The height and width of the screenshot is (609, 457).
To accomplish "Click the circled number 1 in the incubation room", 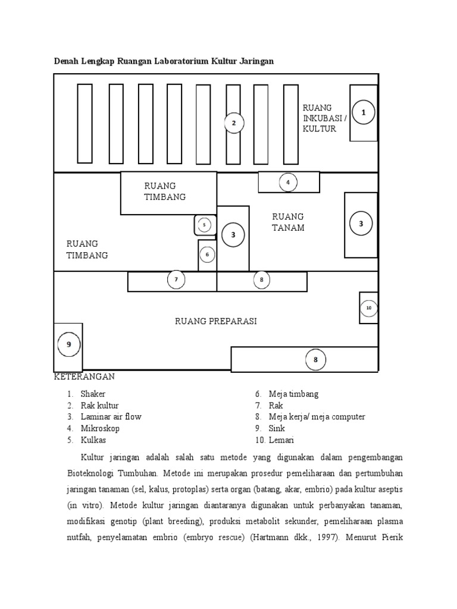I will pyautogui.click(x=364, y=112).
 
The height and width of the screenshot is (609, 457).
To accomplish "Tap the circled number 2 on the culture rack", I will pyautogui.click(x=234, y=123).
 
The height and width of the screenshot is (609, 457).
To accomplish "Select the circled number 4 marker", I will pyautogui.click(x=288, y=182).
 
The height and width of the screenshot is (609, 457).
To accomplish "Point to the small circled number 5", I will pyautogui.click(x=204, y=225).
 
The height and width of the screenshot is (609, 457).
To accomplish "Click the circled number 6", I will pyautogui.click(x=207, y=255).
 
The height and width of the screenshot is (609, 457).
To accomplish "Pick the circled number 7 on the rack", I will pyautogui.click(x=176, y=279).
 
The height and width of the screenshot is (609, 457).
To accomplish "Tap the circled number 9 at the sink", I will pyautogui.click(x=68, y=344).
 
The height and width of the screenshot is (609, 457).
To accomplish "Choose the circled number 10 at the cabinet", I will pyautogui.click(x=368, y=307).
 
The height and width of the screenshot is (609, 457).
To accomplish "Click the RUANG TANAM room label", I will pyautogui.click(x=288, y=222).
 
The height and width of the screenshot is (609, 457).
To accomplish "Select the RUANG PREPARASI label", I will pyautogui.click(x=215, y=321).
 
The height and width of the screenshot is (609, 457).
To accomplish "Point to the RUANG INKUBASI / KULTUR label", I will pyautogui.click(x=324, y=118).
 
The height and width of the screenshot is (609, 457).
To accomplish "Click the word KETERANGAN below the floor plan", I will pyautogui.click(x=84, y=377).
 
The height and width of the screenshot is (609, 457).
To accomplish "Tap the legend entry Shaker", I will pyautogui.click(x=93, y=394).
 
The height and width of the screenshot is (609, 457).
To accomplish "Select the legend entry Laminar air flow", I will pyautogui.click(x=111, y=416).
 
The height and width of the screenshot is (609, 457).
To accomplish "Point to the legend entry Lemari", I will pyautogui.click(x=281, y=440).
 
